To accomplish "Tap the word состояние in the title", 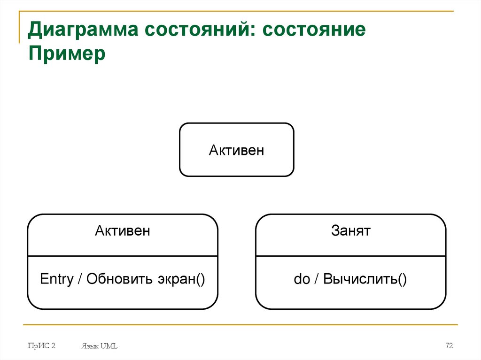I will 314,31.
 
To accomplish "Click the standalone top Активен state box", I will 236,150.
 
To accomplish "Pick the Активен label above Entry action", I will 123,230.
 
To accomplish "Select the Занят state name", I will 350,230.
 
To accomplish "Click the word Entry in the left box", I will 57,279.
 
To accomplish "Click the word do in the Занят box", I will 302,279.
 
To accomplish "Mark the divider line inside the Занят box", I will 350,256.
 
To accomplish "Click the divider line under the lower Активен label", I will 123,256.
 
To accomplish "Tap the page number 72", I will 449,346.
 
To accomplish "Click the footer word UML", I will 109,346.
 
